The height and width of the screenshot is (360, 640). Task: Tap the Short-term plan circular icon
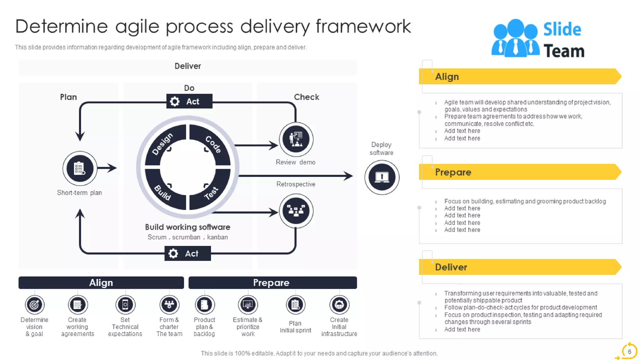coord(80,168)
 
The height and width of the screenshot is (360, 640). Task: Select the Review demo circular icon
coord(296,139)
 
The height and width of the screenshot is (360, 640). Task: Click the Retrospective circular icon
coord(296,211)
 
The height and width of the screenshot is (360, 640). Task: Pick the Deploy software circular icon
coord(382,177)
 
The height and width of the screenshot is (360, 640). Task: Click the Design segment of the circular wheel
coord(164,143)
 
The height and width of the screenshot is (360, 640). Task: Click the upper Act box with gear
coord(189,101)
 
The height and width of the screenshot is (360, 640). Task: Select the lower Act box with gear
coord(187,253)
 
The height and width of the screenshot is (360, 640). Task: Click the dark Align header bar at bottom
coord(101,282)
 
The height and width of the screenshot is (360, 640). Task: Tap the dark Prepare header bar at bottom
coord(272,282)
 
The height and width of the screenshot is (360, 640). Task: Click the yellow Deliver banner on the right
coord(519,267)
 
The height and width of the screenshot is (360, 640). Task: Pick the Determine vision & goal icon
coord(34,305)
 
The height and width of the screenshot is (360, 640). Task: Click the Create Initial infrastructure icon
coord(339,305)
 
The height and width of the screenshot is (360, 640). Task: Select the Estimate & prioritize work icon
coord(248,305)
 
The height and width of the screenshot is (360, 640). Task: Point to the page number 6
coord(629,352)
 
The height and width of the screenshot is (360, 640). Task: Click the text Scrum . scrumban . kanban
coord(187,237)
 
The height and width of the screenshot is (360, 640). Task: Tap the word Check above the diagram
coord(306,97)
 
